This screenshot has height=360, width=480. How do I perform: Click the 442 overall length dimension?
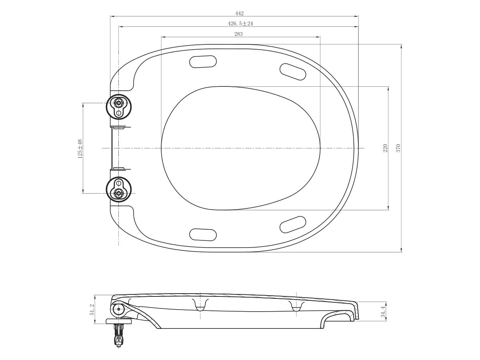[x=240, y=13]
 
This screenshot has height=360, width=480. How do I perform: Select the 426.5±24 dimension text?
[x=240, y=24]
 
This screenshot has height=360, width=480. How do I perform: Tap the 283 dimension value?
[x=238, y=34]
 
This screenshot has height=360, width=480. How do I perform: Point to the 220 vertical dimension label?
[x=386, y=148]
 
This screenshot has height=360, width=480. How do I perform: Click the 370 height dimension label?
[x=398, y=148]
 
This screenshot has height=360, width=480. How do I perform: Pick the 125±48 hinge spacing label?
[x=80, y=148]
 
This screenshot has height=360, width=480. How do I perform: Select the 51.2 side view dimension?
[x=92, y=310]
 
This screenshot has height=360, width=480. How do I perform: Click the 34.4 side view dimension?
[x=383, y=311]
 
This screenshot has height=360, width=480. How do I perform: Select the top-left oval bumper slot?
[x=203, y=62]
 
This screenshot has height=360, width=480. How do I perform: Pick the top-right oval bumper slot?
[x=293, y=71]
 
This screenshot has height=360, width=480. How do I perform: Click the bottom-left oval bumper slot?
[x=203, y=234]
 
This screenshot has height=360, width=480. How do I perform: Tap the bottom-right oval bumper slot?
[x=293, y=224]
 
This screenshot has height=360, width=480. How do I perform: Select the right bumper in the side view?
[x=296, y=306]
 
